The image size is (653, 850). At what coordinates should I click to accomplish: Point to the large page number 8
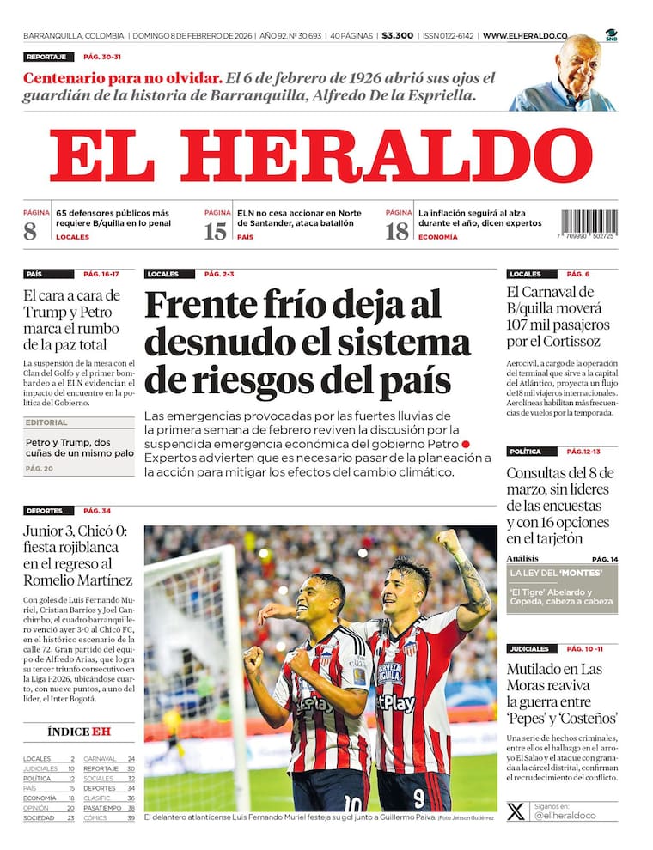tap(31, 231)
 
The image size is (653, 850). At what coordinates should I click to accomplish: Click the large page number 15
tap(216, 231)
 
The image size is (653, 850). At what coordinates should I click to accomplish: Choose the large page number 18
tap(397, 231)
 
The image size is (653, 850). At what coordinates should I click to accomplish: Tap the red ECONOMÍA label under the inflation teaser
tap(437, 237)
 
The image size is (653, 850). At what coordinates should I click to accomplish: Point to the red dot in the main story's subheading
tap(466, 444)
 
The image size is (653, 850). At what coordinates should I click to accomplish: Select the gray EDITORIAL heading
tap(46, 422)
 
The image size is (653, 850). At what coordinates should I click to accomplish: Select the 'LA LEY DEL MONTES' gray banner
tap(562, 573)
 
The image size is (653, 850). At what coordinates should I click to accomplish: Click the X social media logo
tap(516, 811)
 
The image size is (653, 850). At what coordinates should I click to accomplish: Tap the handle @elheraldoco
tap(565, 816)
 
